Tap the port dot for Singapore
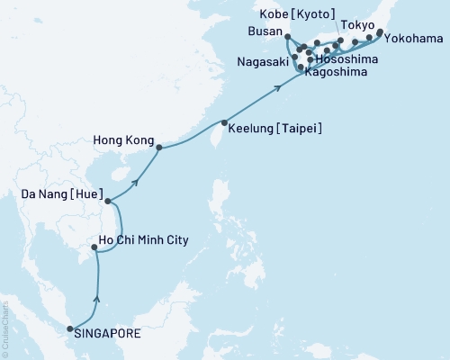pos(71,329)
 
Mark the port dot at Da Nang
pos(107,202)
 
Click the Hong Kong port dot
pos(159,148)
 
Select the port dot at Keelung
pos(223,123)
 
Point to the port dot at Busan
pos(286,37)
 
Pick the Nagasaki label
pos(262,64)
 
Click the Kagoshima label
pos(336,71)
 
